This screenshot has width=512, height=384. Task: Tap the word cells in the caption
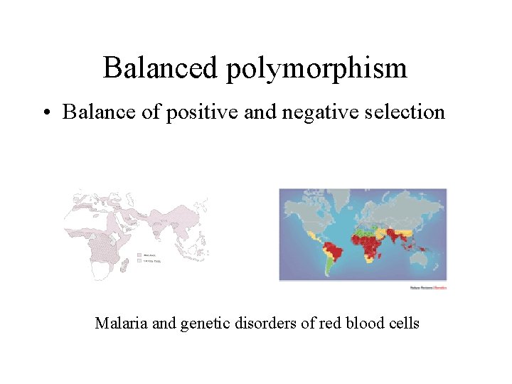click(x=403, y=324)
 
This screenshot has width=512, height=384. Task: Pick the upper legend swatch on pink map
click(x=139, y=255)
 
